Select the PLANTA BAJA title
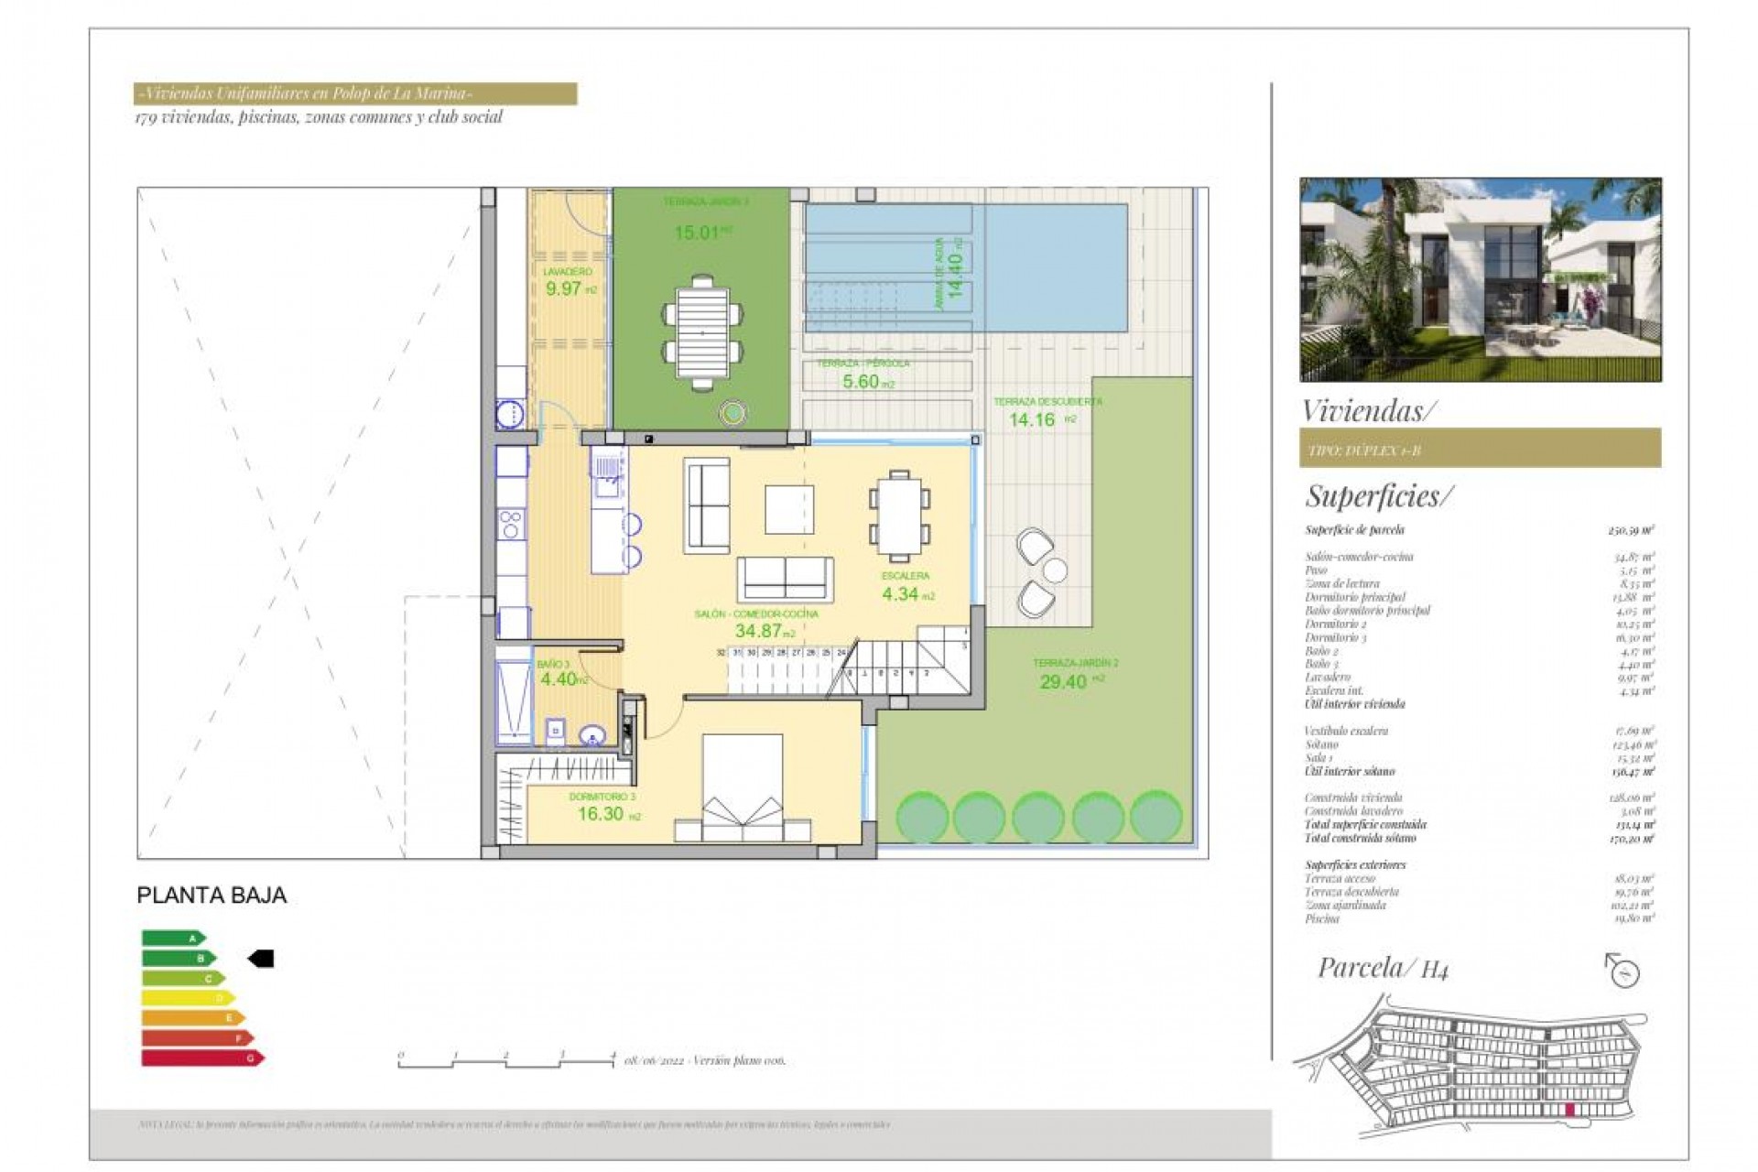tap(212, 895)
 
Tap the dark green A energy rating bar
tap(172, 939)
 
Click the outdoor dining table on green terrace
tap(702, 332)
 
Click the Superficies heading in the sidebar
tap(1378, 496)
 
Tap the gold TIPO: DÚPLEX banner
tap(1480, 450)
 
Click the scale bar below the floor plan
tap(506, 1061)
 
